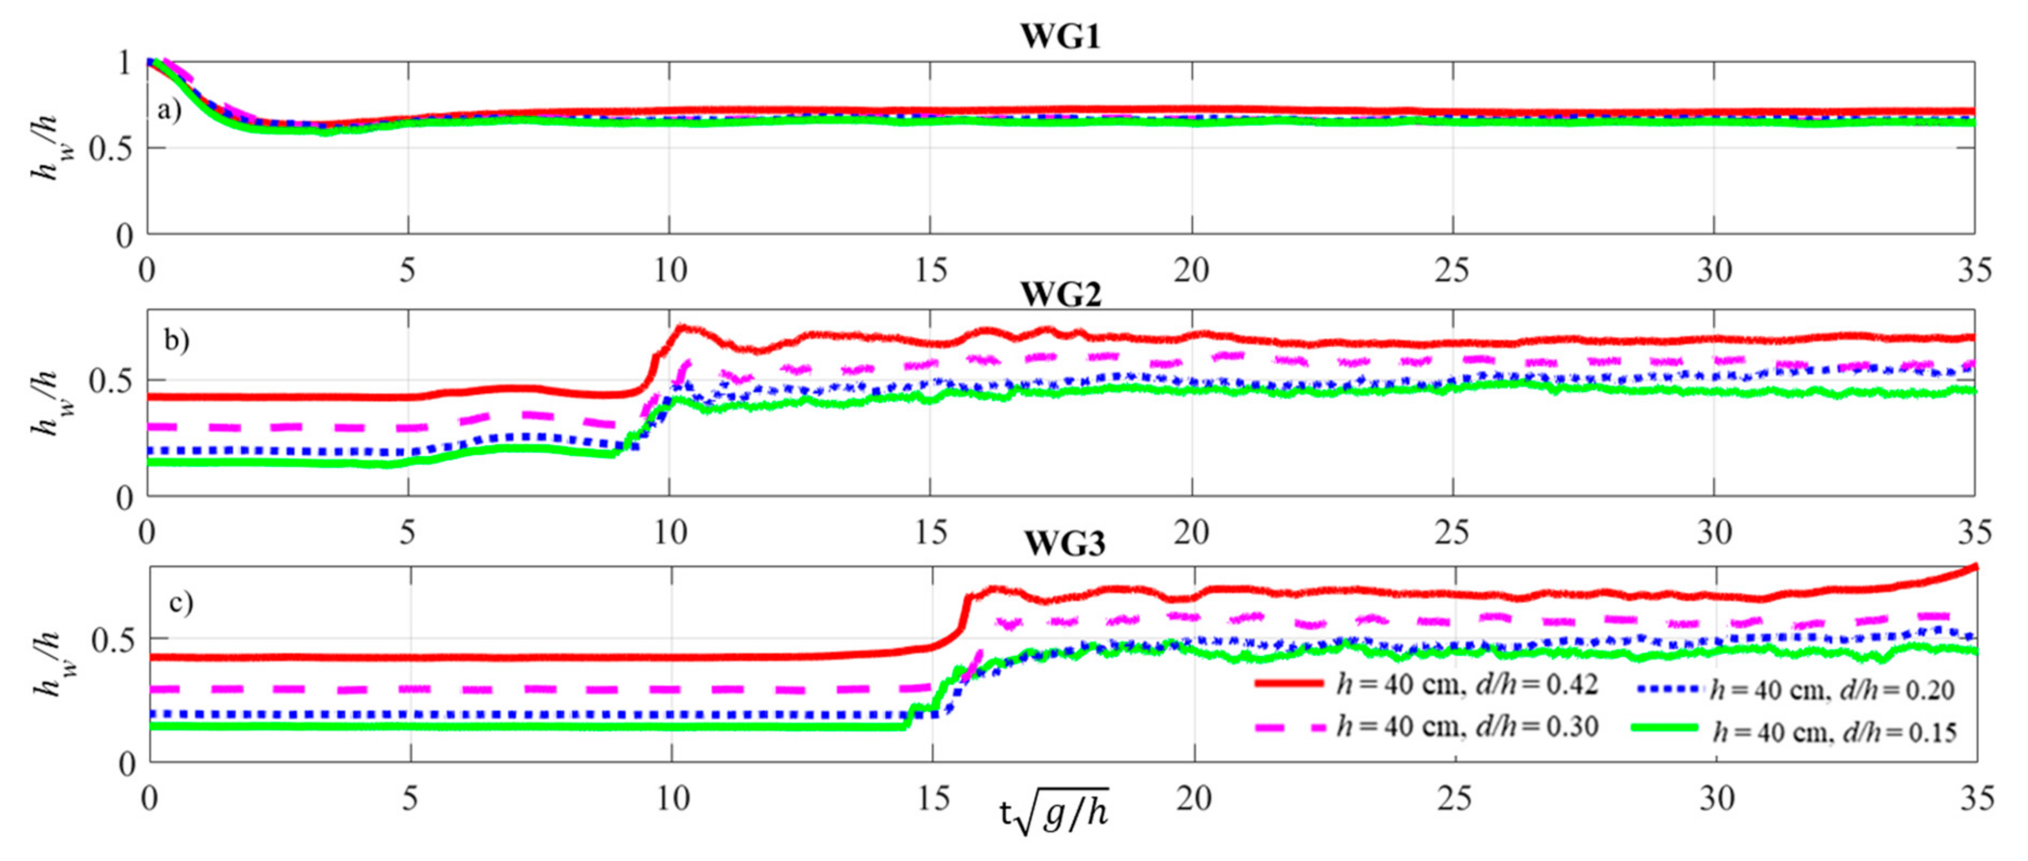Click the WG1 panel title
click(x=1060, y=37)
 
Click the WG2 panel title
click(x=1060, y=294)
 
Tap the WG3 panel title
click(x=1064, y=545)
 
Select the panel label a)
click(x=169, y=110)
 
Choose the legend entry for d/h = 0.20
click(x=1795, y=690)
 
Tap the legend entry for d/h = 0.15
click(x=1795, y=732)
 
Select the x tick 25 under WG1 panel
click(x=1452, y=271)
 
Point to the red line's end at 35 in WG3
click(x=1975, y=566)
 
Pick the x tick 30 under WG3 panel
click(x=1716, y=800)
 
